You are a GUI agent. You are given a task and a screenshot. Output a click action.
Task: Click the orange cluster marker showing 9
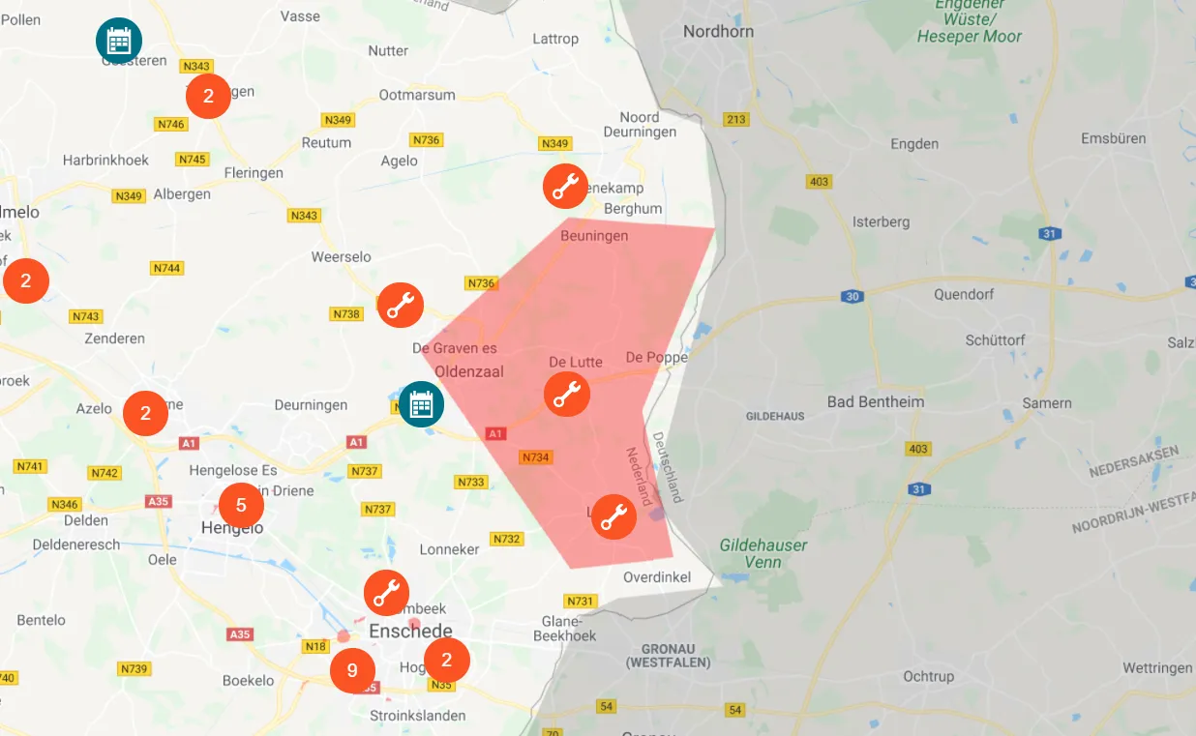pos(352,670)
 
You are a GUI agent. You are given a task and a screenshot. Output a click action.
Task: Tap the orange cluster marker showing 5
pos(241,505)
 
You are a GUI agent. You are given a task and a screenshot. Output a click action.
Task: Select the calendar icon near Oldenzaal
pos(421,403)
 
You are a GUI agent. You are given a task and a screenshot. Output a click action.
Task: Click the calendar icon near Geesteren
pos(119,41)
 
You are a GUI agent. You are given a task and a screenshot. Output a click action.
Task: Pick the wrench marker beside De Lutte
pos(567,394)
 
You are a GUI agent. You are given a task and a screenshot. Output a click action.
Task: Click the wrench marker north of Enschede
pos(386,593)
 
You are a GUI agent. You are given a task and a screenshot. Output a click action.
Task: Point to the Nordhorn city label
pos(718,32)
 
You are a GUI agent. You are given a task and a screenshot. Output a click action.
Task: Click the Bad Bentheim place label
pos(875,401)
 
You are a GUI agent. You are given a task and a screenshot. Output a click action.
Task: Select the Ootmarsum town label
pos(417,96)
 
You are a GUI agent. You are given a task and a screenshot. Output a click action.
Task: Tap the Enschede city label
pos(410,632)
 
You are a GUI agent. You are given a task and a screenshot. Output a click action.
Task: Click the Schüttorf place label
pos(996,340)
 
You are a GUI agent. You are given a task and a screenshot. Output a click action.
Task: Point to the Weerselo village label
pos(341,256)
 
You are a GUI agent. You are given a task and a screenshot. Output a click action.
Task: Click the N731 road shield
pos(581,601)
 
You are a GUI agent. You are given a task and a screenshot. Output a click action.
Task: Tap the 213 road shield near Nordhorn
pos(735,119)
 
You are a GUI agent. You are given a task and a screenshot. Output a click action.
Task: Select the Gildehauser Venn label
pos(763,553)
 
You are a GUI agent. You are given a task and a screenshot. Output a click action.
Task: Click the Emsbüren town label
pos(1113,138)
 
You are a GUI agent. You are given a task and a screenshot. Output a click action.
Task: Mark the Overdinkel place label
pos(657,577)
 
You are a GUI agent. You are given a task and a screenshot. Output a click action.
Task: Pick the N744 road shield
pos(166,268)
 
